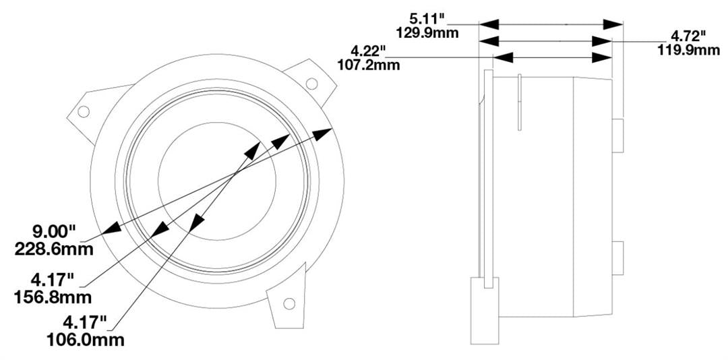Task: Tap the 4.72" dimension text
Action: [x=688, y=36]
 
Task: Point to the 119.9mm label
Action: [x=688, y=49]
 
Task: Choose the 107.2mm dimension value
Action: [x=368, y=65]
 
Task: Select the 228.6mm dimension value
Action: [x=53, y=249]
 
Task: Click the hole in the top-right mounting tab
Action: [x=311, y=83]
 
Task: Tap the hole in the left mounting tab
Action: [x=84, y=111]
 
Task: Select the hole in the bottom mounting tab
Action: [x=289, y=303]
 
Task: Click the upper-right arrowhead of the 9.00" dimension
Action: [x=324, y=132]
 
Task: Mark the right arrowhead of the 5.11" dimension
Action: [x=613, y=24]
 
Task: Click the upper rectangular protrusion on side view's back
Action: [x=617, y=136]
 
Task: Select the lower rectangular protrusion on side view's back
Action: [x=617, y=258]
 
